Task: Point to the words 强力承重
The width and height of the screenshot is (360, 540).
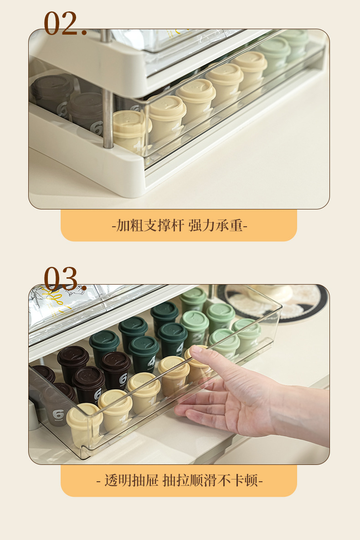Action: (x=216, y=225)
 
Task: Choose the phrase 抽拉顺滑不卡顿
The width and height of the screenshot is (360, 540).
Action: (x=211, y=480)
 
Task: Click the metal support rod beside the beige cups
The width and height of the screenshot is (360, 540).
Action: (x=108, y=117)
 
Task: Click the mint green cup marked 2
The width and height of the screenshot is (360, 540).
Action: (x=195, y=327)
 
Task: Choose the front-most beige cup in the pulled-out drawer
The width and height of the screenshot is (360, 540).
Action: (x=84, y=424)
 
